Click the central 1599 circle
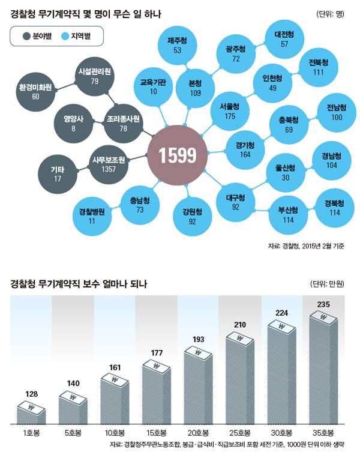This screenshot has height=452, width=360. point(177,155)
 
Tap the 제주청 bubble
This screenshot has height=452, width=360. point(178,46)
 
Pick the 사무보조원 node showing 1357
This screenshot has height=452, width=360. point(109,164)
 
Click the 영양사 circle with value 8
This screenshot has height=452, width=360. point(73,123)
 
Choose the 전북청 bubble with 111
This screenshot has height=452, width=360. point(319,67)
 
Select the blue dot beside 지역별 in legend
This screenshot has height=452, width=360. point(64,37)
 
